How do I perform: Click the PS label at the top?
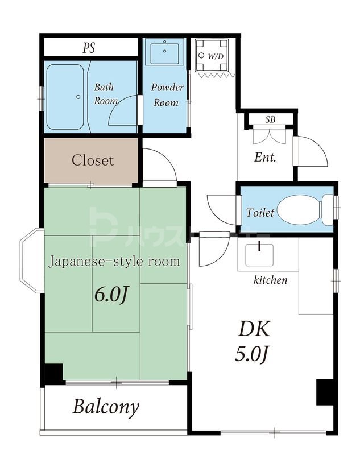point(89,48)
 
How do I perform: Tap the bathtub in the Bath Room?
point(65,96)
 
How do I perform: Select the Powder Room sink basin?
point(164,52)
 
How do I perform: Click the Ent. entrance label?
point(265,158)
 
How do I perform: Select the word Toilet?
point(260,213)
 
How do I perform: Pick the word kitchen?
point(270,280)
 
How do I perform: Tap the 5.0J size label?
point(251,354)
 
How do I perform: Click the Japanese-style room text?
point(114,262)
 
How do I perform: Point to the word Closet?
point(92,160)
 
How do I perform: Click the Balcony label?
point(106,407)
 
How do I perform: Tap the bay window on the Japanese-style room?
point(32,260)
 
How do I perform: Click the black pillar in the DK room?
point(325,392)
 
